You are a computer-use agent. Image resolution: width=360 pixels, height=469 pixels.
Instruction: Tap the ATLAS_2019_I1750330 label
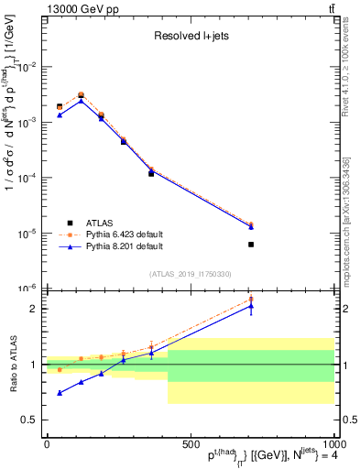[x=191, y=274]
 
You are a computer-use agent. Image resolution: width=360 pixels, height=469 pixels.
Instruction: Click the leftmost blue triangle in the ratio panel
[x=60, y=392]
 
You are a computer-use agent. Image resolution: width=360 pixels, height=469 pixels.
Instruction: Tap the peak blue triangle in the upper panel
[x=82, y=100]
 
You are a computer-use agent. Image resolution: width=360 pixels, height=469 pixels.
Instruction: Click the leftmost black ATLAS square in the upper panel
[x=60, y=107]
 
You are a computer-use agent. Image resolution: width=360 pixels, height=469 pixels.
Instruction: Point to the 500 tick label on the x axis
[x=190, y=443]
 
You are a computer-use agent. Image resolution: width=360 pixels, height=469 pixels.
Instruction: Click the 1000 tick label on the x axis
[x=333, y=443]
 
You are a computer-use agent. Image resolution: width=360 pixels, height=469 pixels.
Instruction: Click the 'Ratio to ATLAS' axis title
[x=12, y=365]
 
